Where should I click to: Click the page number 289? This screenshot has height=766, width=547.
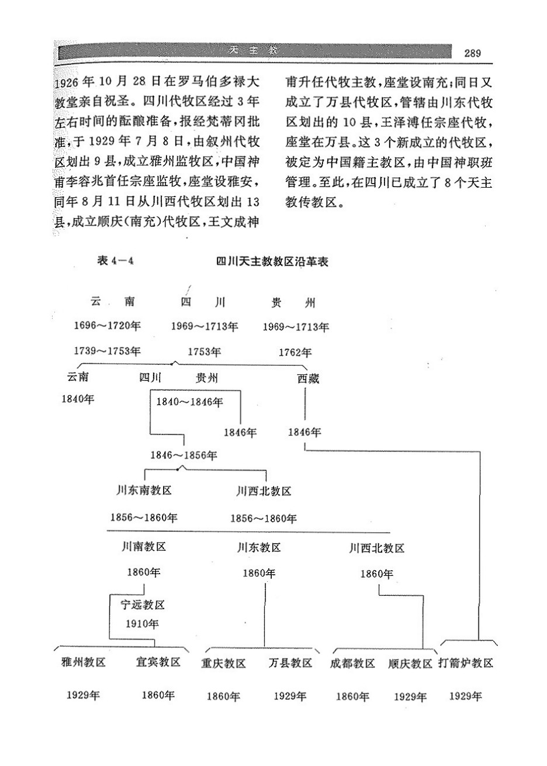click(472, 53)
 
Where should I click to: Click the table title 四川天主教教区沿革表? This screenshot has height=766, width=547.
click(272, 262)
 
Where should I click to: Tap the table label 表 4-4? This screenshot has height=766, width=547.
click(116, 262)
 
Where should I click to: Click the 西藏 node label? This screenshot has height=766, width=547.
click(308, 378)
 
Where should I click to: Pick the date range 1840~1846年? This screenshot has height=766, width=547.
click(191, 402)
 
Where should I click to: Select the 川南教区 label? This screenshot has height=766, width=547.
click(144, 547)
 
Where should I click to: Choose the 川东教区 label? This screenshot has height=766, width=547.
click(259, 547)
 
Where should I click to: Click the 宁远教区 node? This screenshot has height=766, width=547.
click(143, 605)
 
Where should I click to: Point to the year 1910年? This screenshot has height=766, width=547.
click(143, 623)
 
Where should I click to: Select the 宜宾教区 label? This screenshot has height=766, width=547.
click(158, 663)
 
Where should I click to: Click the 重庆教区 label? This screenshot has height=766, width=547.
click(223, 663)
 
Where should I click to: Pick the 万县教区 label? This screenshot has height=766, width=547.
click(290, 663)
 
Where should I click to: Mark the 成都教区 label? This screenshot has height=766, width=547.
click(352, 663)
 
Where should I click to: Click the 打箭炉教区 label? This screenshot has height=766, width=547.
click(466, 663)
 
